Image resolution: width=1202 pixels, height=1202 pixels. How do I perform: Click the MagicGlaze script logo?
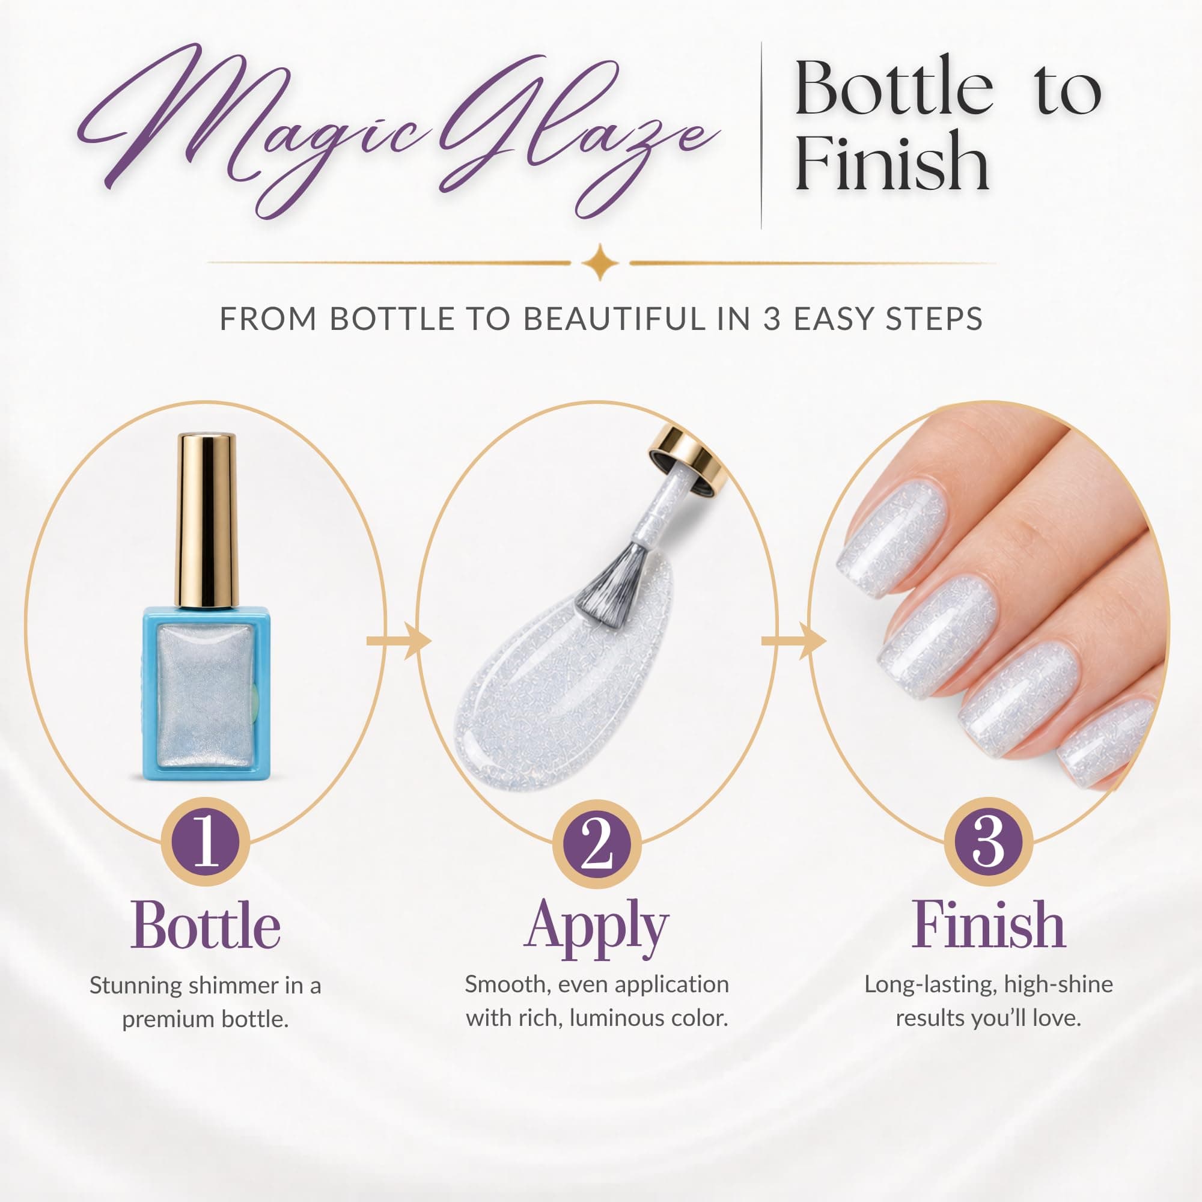point(398,130)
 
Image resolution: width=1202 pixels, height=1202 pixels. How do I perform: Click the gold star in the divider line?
point(600,262)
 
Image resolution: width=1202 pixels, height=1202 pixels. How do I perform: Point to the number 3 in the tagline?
point(772,319)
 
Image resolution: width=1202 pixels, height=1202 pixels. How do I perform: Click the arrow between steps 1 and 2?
point(399,640)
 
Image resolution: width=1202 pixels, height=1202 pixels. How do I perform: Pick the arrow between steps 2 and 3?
point(793,640)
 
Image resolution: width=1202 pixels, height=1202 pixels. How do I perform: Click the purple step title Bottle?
point(206,926)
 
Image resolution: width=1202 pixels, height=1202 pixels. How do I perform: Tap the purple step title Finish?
point(989,925)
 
